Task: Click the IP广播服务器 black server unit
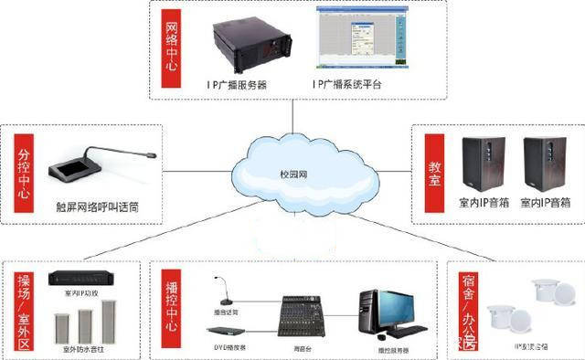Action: pos(240,45)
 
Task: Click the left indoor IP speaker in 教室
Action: pos(484,163)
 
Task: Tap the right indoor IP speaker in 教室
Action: pos(545,163)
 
